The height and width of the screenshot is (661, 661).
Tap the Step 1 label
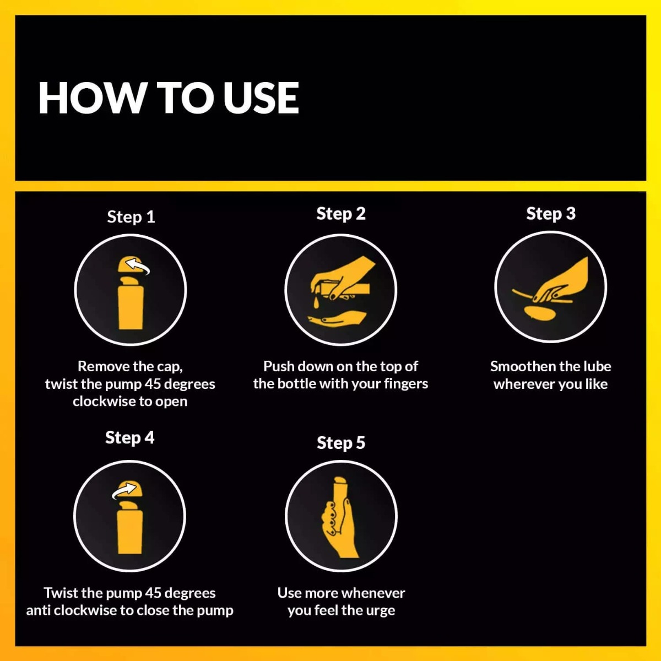131,218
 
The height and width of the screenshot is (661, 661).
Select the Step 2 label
341,214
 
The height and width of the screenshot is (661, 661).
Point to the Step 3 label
551,214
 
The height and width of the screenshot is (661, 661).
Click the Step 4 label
129,438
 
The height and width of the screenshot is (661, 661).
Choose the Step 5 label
341,443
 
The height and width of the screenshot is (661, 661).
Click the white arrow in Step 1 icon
137,266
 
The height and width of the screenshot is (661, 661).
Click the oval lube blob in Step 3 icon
540,313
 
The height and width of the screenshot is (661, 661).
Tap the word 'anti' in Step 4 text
39,611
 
